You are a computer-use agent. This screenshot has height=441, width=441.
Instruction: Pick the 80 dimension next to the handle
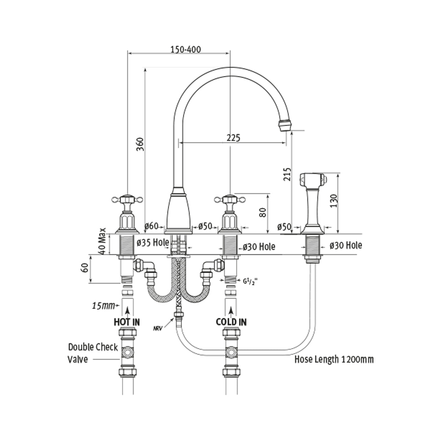[x=262, y=212]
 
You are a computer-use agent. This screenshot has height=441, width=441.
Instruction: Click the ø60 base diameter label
[x=151, y=226]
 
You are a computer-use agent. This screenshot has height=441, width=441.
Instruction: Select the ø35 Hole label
[x=153, y=243]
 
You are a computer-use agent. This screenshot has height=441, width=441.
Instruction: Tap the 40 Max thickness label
[x=103, y=241]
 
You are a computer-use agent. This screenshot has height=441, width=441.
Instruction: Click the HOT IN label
[x=126, y=322]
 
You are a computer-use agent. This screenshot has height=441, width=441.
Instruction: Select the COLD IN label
[x=231, y=322]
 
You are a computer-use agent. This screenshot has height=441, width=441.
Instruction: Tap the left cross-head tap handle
[x=126, y=200]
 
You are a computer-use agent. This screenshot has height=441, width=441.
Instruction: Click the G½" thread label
[x=249, y=282]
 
